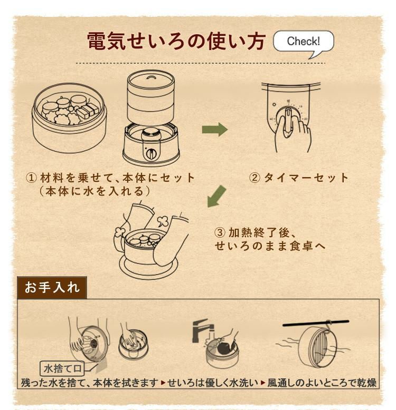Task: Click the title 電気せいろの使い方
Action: click(x=176, y=42)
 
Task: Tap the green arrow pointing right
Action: click(x=214, y=129)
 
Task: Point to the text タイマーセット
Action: click(x=306, y=178)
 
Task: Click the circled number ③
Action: click(x=220, y=232)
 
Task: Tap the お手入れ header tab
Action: click(x=52, y=287)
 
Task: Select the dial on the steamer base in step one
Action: click(x=150, y=154)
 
